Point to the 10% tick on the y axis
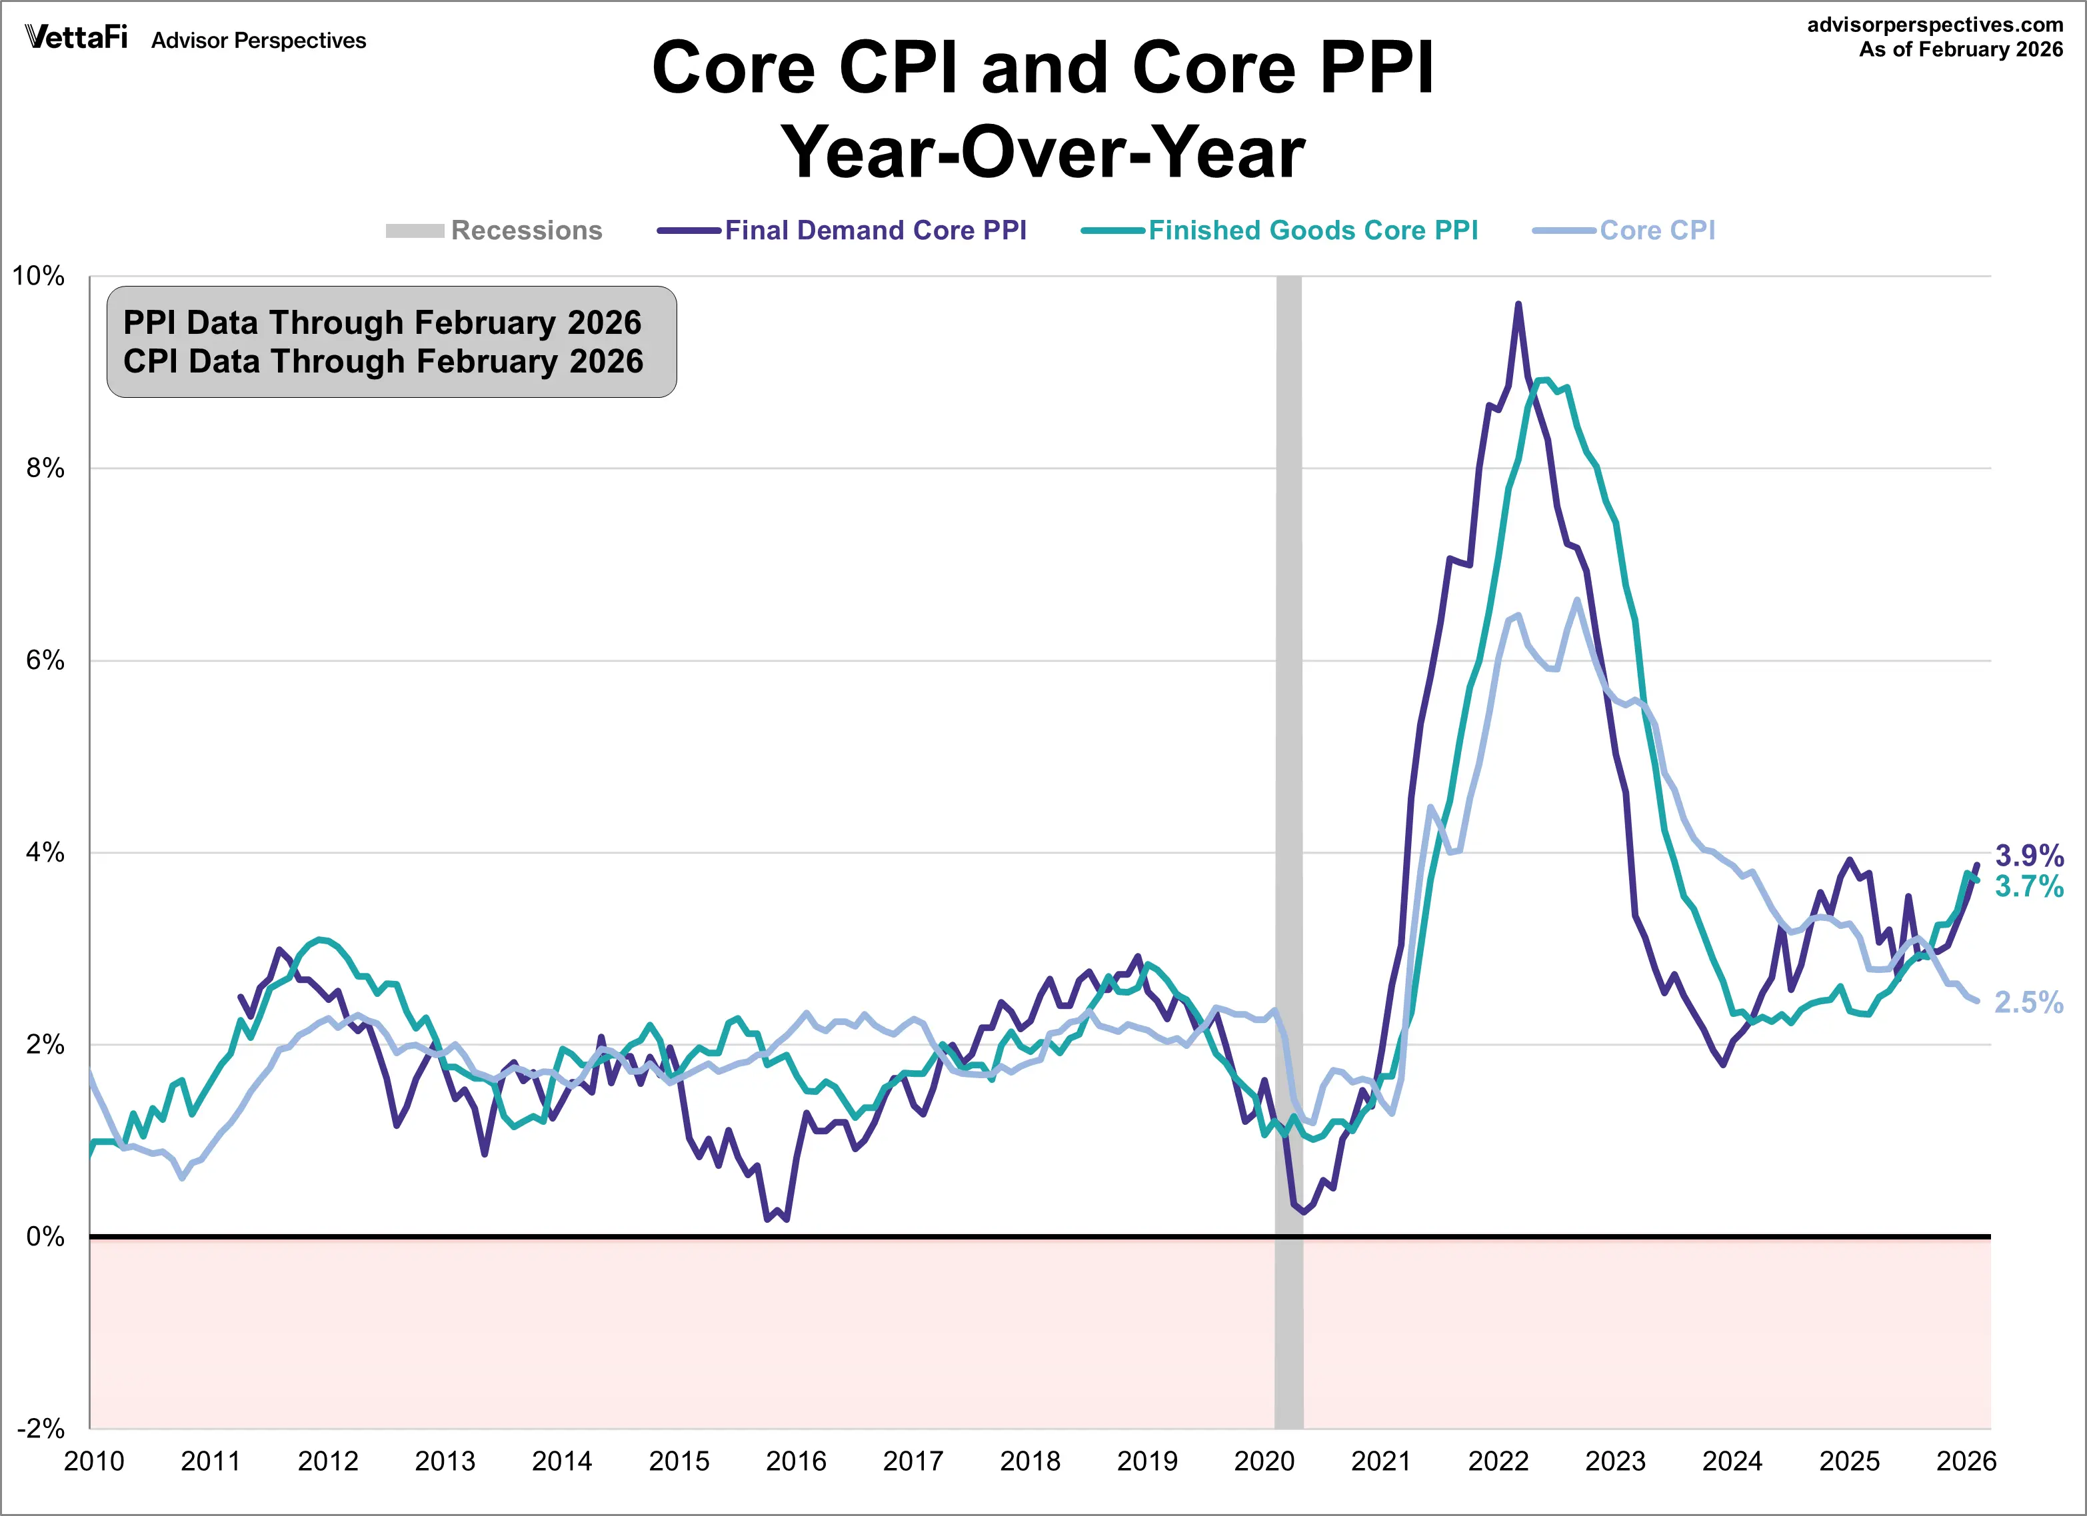coord(39,276)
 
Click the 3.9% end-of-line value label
coord(2029,856)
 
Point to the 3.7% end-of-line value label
coord(2029,887)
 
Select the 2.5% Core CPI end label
coord(2029,1003)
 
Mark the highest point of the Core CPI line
coord(1577,600)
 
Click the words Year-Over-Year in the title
coord(1043,153)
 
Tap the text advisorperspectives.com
coord(1935,25)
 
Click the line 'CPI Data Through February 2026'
coord(383,362)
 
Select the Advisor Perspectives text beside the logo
coord(259,41)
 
